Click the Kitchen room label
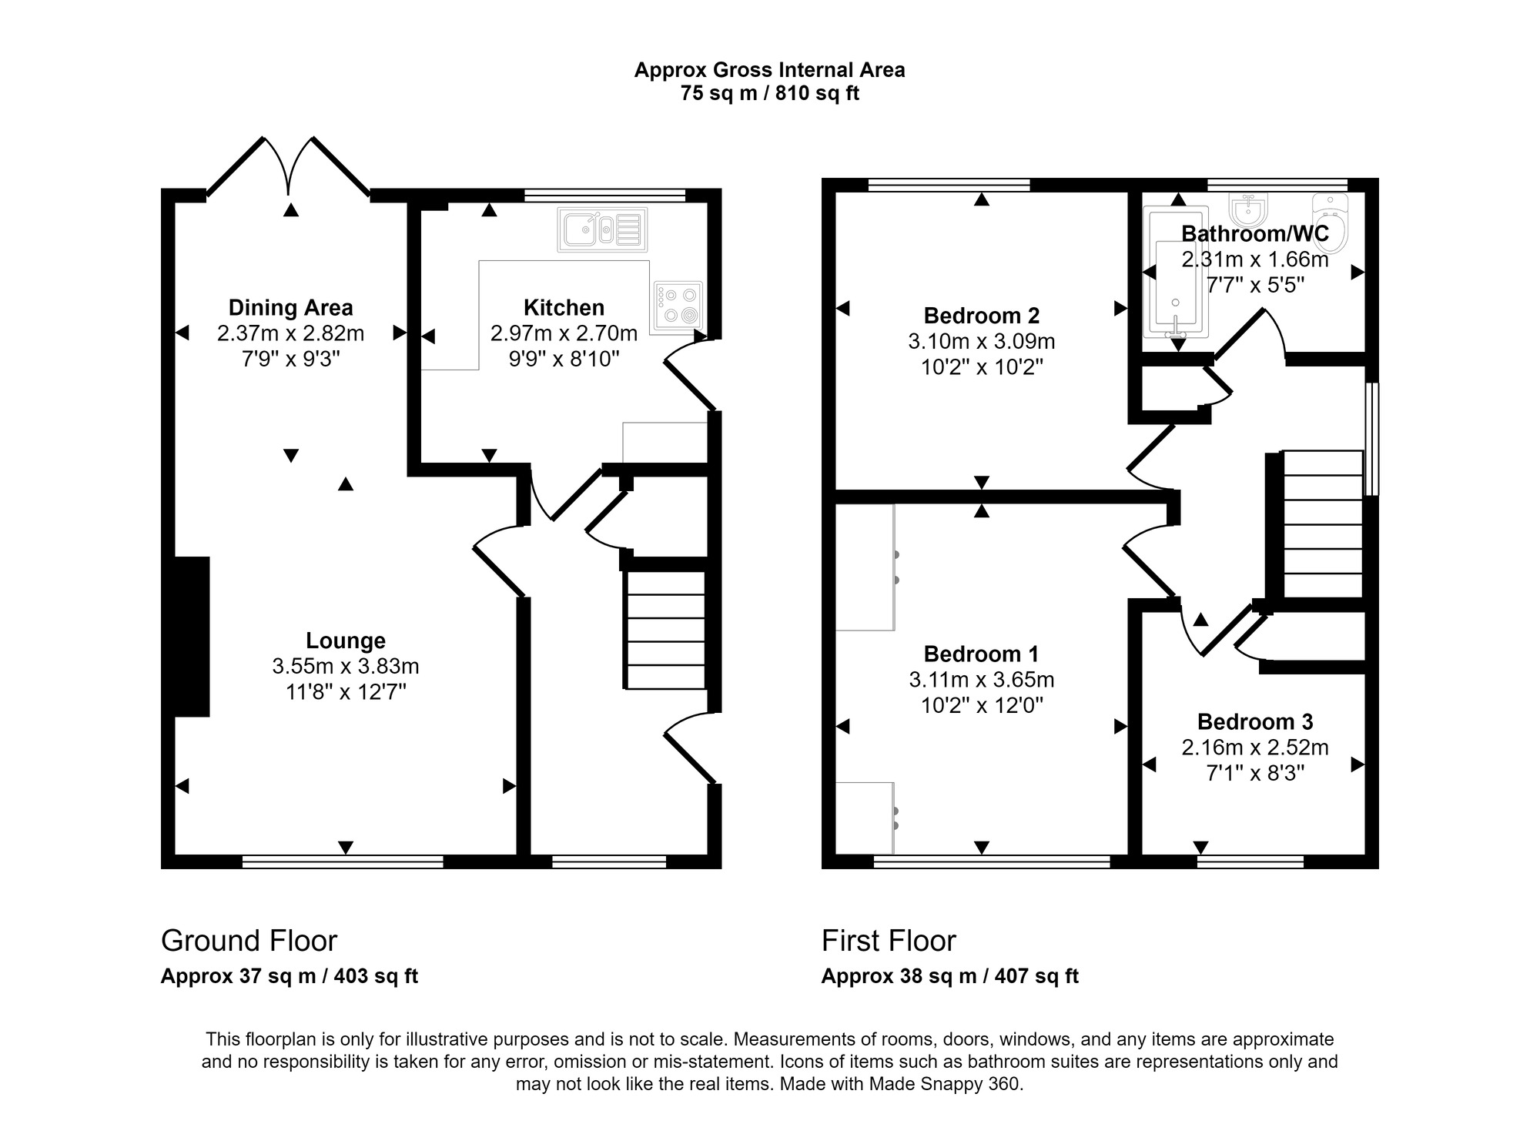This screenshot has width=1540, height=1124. [564, 308]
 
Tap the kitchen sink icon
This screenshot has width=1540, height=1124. [602, 229]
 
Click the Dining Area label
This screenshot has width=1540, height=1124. [290, 308]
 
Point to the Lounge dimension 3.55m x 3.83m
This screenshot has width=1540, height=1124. [345, 666]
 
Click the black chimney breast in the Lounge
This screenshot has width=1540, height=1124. [192, 636]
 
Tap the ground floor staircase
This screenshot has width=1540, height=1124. [666, 630]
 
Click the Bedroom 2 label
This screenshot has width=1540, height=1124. [981, 316]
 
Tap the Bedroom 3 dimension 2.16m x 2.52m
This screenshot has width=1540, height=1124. [1255, 748]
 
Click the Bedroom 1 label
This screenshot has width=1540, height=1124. [981, 654]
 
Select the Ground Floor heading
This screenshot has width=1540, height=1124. [249, 941]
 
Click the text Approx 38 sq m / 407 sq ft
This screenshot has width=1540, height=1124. [949, 976]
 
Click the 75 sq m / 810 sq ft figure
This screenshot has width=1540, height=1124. [769, 94]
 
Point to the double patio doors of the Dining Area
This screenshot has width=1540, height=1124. [289, 166]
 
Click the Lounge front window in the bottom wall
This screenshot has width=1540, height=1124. [343, 861]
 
